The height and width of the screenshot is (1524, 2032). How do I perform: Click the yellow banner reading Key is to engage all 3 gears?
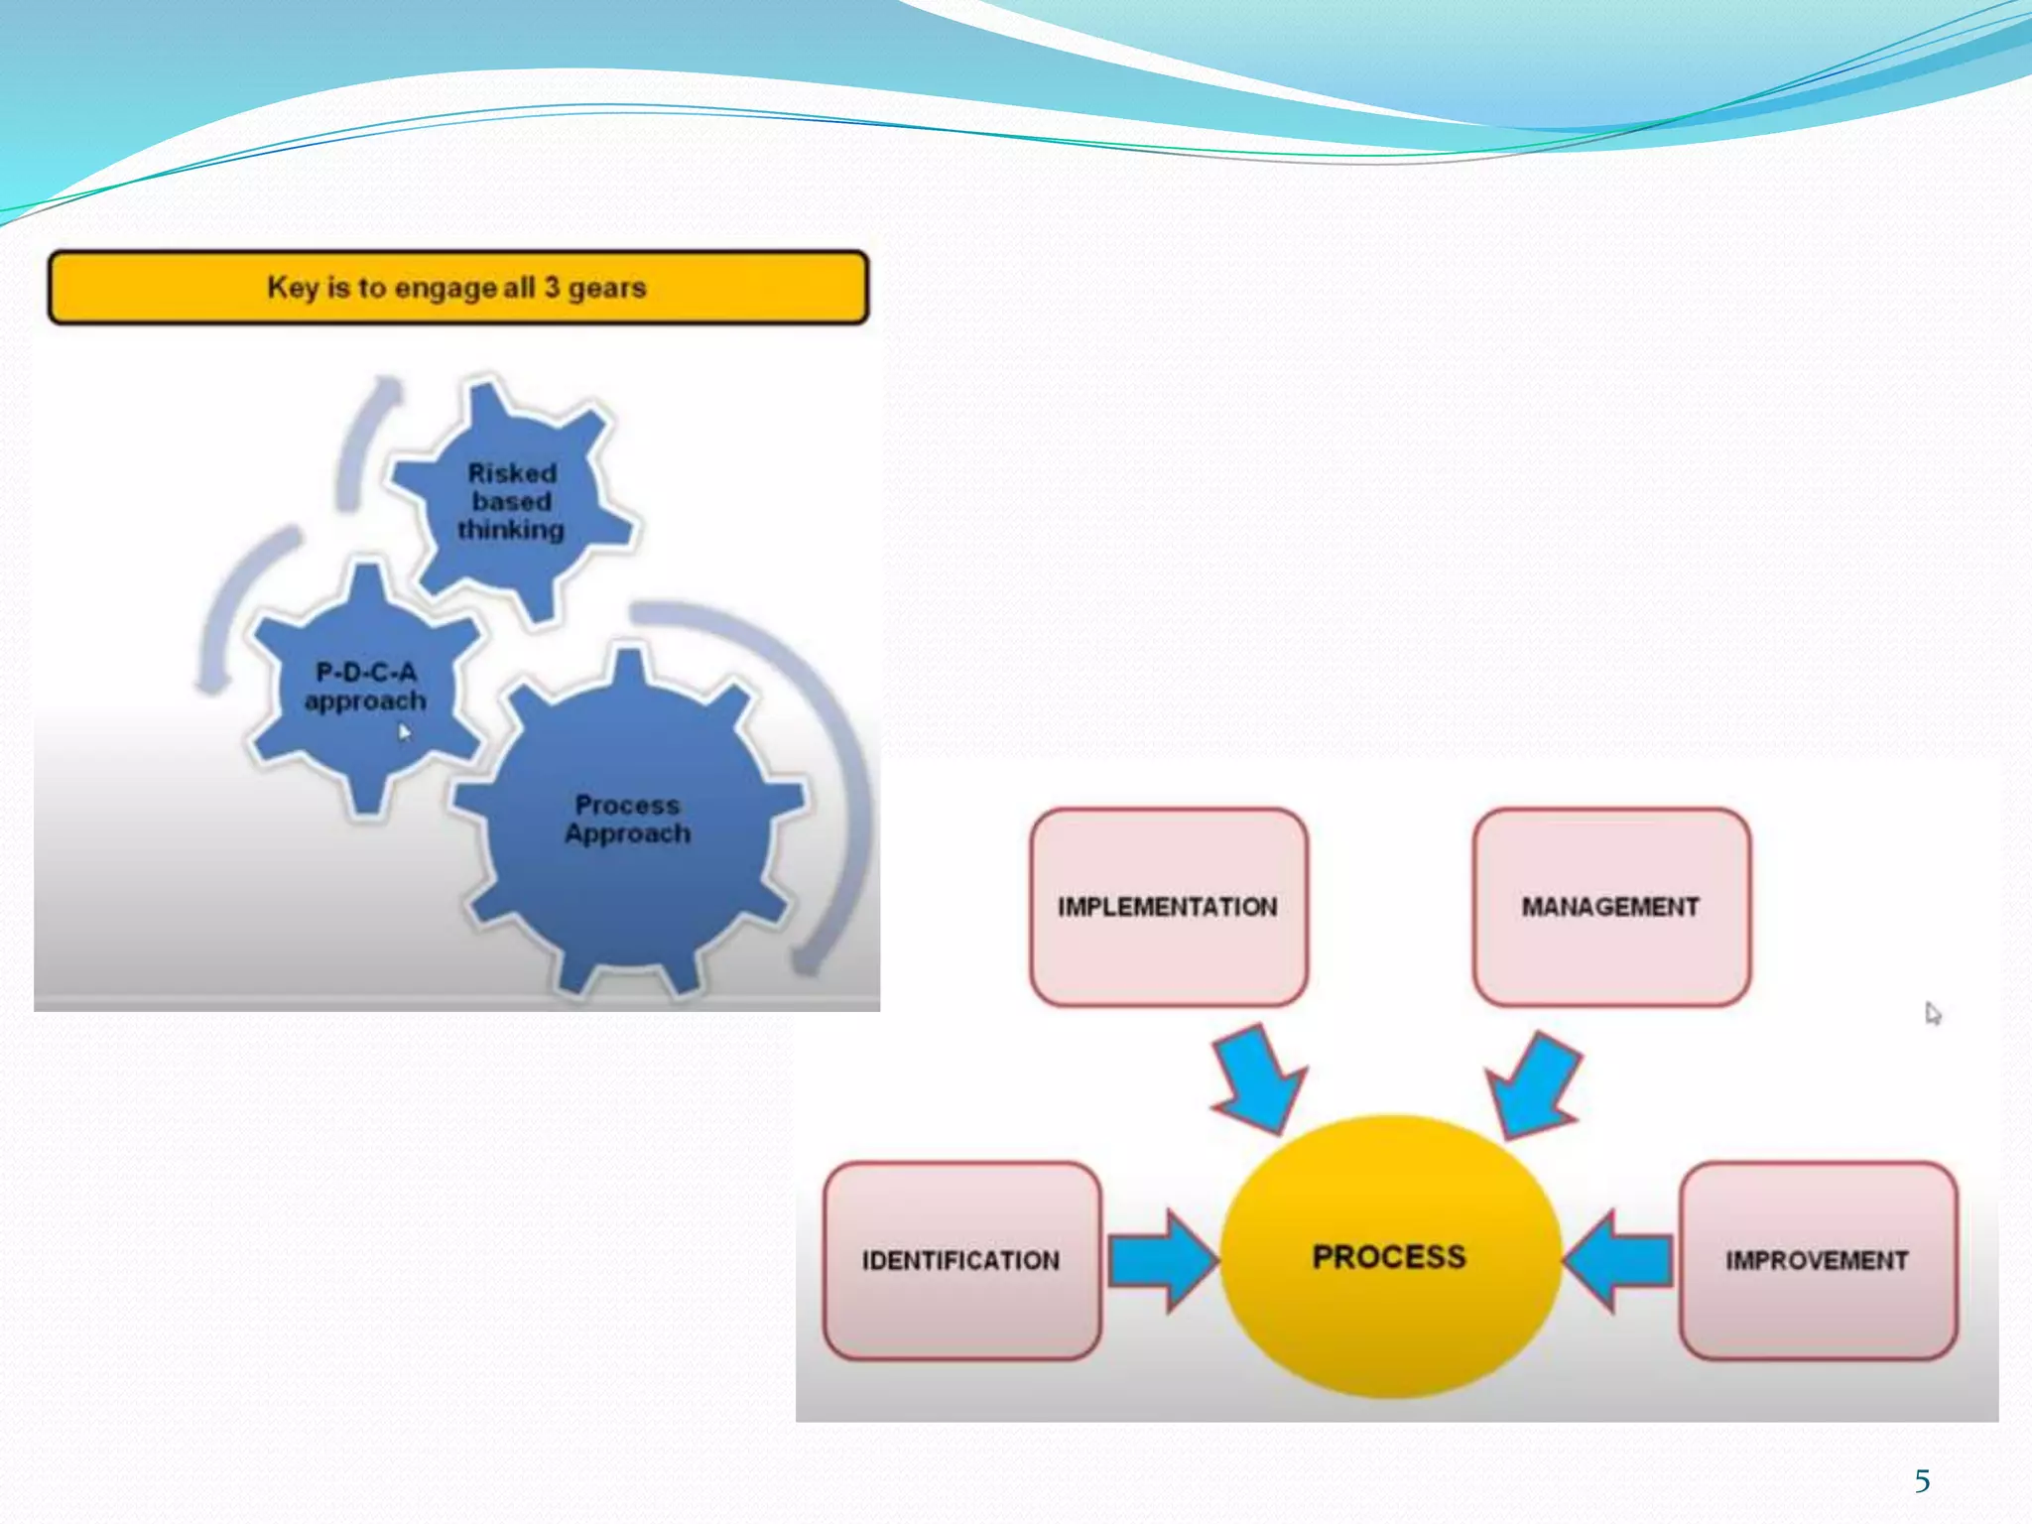pos(457,288)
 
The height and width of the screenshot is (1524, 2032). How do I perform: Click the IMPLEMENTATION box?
pos(1168,907)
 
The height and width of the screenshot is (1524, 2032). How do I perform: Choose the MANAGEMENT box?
pos(1610,907)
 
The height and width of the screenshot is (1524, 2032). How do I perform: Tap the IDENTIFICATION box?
pos(960,1260)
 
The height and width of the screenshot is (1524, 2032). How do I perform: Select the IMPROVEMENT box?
pos(1817,1260)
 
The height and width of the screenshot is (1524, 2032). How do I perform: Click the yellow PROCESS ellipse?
pos(1389,1256)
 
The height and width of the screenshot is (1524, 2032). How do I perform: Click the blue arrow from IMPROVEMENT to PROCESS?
pos(1619,1261)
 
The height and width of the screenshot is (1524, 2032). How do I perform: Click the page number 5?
pos(1922,1481)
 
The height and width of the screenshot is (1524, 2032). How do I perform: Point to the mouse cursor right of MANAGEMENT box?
pos(1932,1013)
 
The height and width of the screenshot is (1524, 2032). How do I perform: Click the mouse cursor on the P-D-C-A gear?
pos(404,732)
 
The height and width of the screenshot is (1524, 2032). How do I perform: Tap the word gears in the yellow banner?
pos(606,288)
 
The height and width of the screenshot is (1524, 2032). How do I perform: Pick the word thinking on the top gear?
pos(510,530)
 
